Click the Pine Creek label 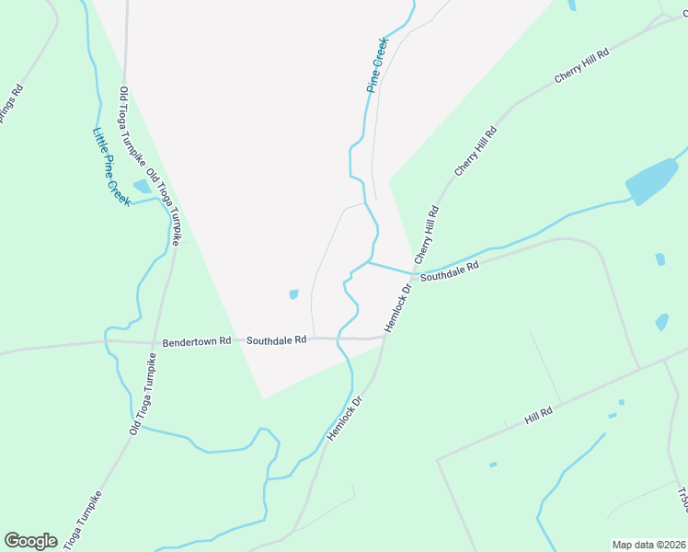tap(377, 65)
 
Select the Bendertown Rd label tap(195, 341)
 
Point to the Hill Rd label tap(538, 415)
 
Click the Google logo tap(30, 541)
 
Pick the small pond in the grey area tap(293, 294)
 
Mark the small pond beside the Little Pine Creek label tap(142, 187)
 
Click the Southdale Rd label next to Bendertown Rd tap(275, 339)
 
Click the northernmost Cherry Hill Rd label tap(581, 68)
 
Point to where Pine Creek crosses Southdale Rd tap(338, 339)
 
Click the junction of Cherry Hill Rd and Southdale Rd tap(414, 273)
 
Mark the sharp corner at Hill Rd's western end tap(437, 457)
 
